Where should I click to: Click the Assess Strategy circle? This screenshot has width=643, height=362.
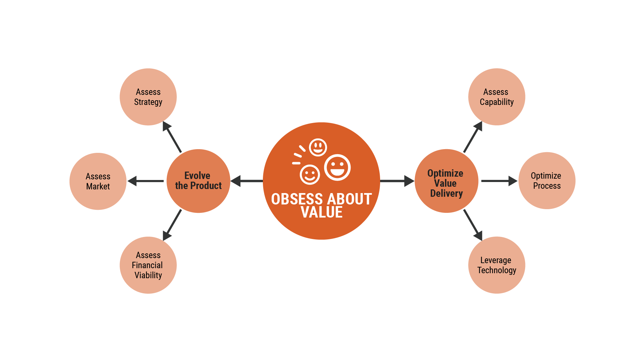[x=148, y=97]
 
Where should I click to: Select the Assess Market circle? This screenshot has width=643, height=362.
[x=98, y=181]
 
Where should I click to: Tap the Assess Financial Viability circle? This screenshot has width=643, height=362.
[x=148, y=265]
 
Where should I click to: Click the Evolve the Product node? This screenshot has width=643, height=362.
[x=198, y=181]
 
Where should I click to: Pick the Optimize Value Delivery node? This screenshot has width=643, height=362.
[x=446, y=181]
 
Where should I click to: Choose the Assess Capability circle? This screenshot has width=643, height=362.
[x=496, y=97]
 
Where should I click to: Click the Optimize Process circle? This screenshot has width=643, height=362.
[x=547, y=181]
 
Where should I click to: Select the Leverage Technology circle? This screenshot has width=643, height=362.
[x=496, y=265]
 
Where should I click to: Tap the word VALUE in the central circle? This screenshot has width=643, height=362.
[x=321, y=212]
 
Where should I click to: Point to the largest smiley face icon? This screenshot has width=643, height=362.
[x=337, y=167]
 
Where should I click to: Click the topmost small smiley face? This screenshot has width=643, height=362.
[x=318, y=147]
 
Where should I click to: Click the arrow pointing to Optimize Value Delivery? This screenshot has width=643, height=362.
[x=397, y=181]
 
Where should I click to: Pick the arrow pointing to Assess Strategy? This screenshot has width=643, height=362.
[x=172, y=137]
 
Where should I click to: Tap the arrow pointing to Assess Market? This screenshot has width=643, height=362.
[x=146, y=181]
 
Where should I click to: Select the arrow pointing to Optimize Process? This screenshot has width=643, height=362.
[x=499, y=181]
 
